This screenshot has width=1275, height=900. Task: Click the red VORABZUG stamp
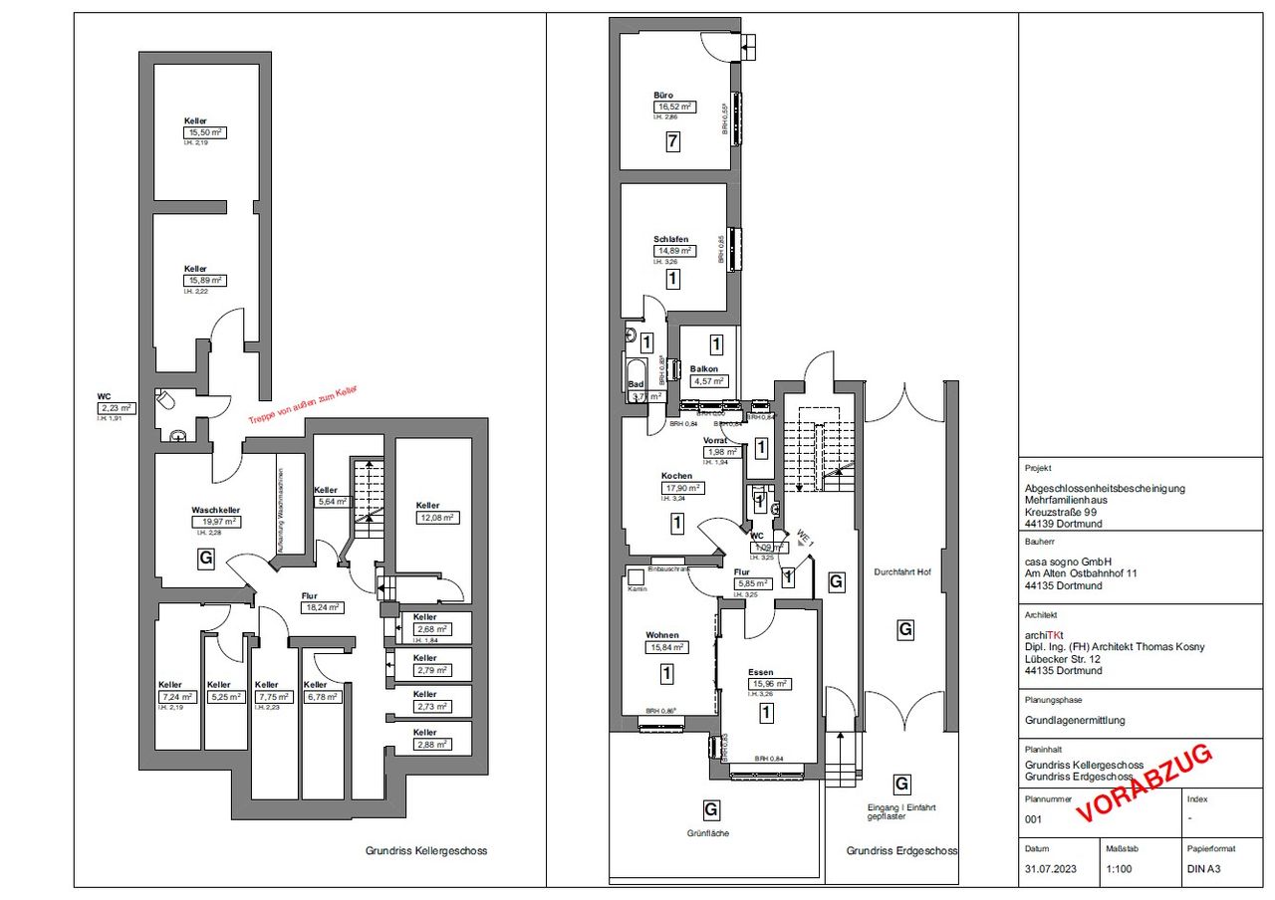1146,784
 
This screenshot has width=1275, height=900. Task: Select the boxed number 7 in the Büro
673,142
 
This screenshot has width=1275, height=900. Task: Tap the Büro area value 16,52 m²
674,107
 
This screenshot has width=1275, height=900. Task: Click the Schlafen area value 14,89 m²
674,251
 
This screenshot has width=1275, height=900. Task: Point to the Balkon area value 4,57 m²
709,380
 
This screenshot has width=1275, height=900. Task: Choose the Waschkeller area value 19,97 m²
216,521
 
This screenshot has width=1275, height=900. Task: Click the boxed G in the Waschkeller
206,559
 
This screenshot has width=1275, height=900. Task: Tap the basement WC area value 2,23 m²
116,407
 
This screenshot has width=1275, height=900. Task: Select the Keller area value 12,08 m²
435,517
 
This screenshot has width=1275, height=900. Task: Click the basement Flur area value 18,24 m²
322,607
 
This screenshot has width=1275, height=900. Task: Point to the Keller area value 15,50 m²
205,132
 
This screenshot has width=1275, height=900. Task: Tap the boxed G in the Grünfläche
711,808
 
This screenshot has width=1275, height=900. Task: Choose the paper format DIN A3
1203,868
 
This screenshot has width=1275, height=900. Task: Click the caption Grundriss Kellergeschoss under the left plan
426,851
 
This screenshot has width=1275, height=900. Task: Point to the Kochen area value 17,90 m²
681,488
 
